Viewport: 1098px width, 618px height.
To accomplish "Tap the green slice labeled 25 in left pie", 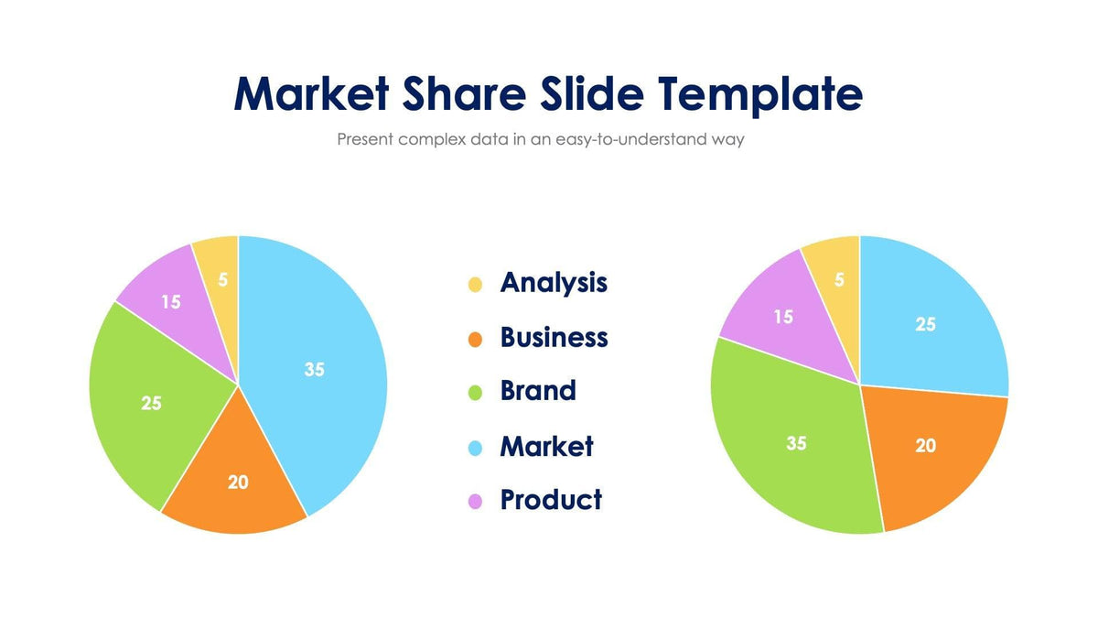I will (151, 403).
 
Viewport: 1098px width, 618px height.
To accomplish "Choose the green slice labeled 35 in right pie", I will (796, 444).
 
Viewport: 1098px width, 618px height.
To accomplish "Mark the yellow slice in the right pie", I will (838, 279).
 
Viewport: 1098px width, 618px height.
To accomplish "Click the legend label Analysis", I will (554, 282).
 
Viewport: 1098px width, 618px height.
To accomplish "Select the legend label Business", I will (554, 337).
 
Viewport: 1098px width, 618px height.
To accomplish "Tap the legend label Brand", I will (538, 391).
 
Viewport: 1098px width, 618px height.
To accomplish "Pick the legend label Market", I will (546, 446).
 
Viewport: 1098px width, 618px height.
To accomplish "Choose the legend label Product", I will (551, 500).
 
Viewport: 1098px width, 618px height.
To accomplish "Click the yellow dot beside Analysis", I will (475, 285).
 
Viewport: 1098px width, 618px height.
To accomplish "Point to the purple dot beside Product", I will (475, 502).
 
